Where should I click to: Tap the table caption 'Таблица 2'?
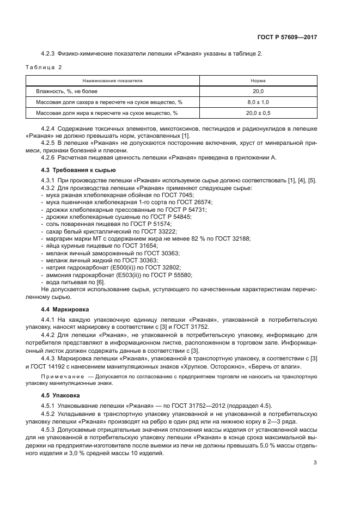click(44, 67)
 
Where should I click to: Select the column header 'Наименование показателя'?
click(113, 81)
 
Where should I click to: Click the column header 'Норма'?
click(258, 81)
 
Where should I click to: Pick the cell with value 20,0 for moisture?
click(258, 91)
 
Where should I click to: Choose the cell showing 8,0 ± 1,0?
click(258, 102)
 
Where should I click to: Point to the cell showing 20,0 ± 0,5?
click(258, 113)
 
